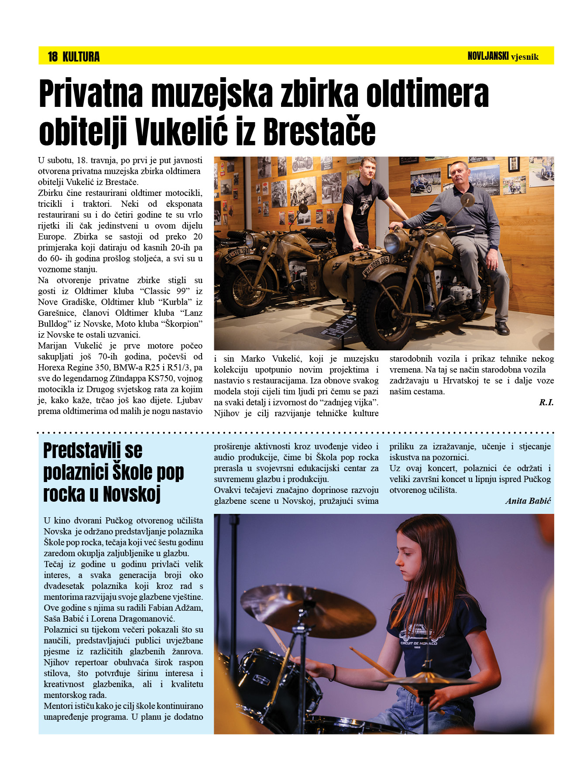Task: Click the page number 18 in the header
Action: coord(52,57)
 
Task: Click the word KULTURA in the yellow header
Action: coord(81,57)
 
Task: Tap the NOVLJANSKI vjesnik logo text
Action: coord(503,56)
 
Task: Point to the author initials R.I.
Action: coord(546,402)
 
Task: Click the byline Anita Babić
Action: coord(528,501)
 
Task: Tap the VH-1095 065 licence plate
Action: coord(375,267)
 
